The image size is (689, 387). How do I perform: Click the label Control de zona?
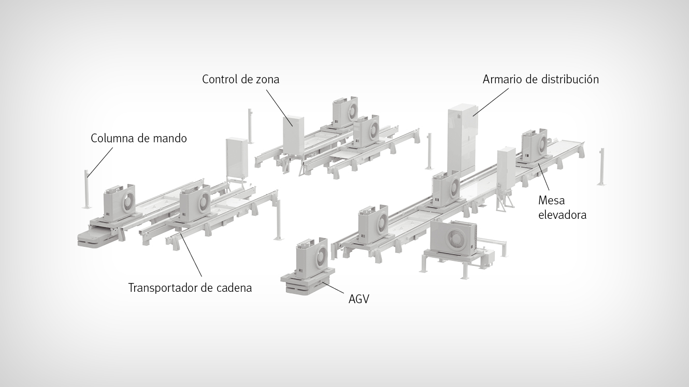pos(240,80)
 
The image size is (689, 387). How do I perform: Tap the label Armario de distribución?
pos(540,80)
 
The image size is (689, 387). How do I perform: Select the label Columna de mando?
pos(139,139)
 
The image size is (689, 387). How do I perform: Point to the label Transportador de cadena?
pos(190,288)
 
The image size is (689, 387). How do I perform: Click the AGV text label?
pos(358,299)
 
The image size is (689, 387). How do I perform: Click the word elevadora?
pos(562,215)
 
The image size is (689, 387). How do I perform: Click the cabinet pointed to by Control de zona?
pos(293,135)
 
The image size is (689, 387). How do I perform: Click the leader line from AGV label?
pos(333,287)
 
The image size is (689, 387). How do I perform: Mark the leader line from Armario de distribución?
pos(491,102)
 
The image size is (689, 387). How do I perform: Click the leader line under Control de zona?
pos(279,108)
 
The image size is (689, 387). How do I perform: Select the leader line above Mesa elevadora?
pos(544,177)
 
